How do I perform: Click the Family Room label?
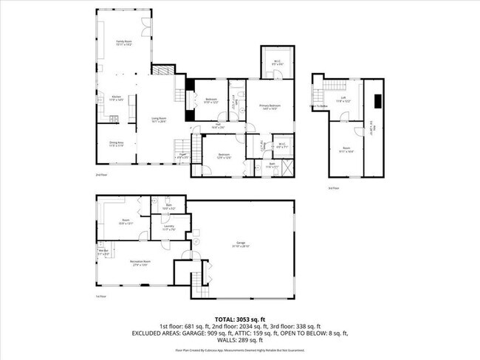123,43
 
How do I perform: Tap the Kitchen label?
116,97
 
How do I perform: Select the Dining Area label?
116,144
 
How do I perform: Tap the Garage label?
241,243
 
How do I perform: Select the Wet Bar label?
103,252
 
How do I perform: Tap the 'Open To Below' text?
318,105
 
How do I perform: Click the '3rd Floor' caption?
334,188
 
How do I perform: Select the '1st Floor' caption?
101,297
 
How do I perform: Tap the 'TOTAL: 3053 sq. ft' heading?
239,319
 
